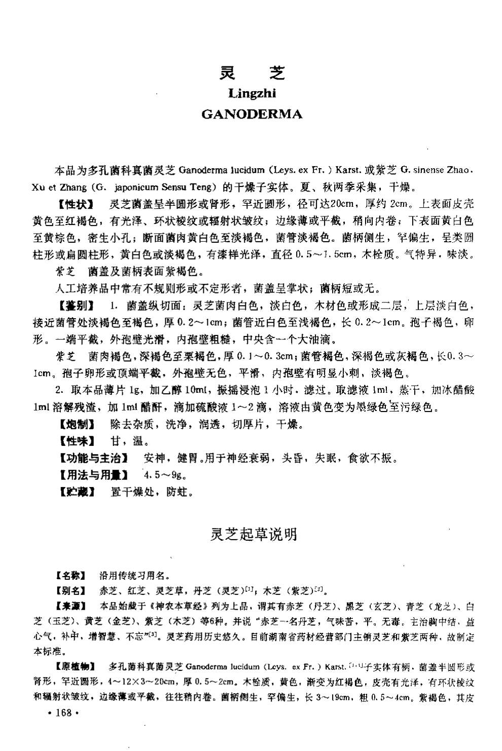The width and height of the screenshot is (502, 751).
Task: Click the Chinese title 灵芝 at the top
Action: [252, 73]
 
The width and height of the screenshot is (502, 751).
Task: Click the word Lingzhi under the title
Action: [252, 93]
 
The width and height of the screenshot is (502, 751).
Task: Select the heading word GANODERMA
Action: [252, 114]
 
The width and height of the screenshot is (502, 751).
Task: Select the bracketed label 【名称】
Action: [70, 576]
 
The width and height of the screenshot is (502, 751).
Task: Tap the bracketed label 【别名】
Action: [70, 590]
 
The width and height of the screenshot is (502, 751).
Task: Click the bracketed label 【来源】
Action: [70, 606]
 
